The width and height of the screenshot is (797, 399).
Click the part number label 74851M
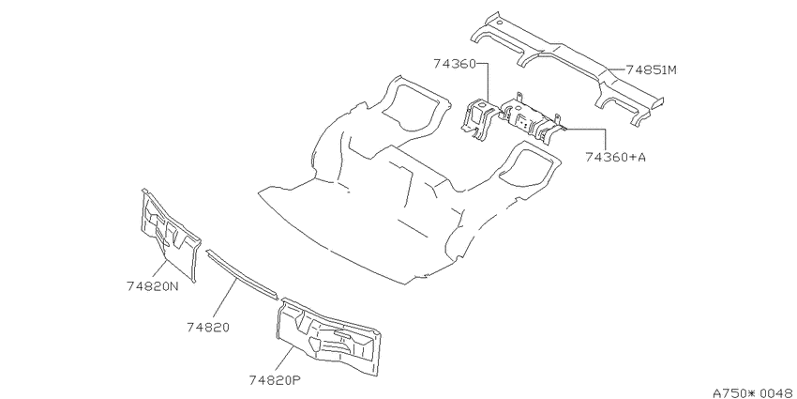pyautogui.click(x=651, y=69)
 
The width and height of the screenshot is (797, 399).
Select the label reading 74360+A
pyautogui.click(x=615, y=158)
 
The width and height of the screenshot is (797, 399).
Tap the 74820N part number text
pyautogui.click(x=153, y=286)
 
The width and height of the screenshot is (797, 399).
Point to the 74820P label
pyautogui.click(x=276, y=379)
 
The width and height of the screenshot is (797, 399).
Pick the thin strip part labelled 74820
pyautogui.click(x=242, y=274)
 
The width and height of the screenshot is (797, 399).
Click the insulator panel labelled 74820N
pyautogui.click(x=171, y=234)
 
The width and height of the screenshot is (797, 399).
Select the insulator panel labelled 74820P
pyautogui.click(x=328, y=336)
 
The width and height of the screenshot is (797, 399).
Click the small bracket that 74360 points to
pyautogui.click(x=479, y=119)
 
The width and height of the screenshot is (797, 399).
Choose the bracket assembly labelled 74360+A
pyautogui.click(x=534, y=119)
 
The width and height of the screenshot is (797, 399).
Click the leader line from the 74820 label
pyautogui.click(x=225, y=299)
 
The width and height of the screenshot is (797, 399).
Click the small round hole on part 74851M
pyautogui.click(x=500, y=23)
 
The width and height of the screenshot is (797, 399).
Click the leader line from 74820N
pyautogui.click(x=160, y=269)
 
